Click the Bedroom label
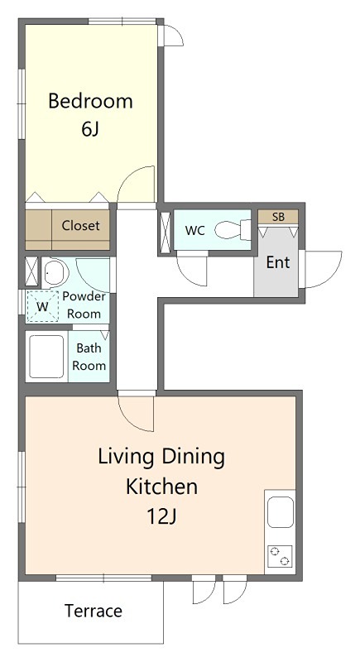[x=90, y=101]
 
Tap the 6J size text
[x=90, y=129]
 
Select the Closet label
[x=80, y=225]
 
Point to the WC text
[x=195, y=231]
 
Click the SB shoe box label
[x=278, y=217]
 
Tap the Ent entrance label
[x=278, y=262]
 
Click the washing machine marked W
[x=43, y=306]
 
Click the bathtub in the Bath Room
[x=46, y=357]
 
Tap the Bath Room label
[x=89, y=357]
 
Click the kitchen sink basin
[x=281, y=512]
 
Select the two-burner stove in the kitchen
[x=280, y=556]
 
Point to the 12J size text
[x=161, y=516]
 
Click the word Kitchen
[x=161, y=487]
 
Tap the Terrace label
[x=94, y=611]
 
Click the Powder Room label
[x=84, y=305]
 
